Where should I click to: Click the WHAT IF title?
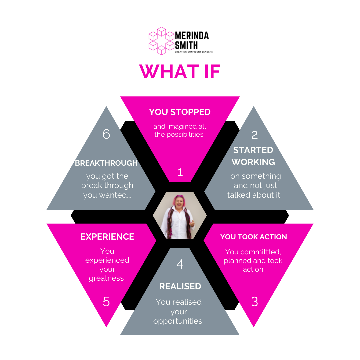(180, 71)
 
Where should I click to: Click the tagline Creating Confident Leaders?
(194, 52)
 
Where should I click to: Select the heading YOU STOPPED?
(180, 112)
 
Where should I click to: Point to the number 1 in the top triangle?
(180, 172)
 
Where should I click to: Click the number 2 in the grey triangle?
(254, 135)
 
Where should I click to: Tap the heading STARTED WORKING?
(253, 156)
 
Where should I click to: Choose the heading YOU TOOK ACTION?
(253, 237)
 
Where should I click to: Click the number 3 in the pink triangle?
(254, 302)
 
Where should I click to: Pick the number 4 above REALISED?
(180, 264)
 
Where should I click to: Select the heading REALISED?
(180, 286)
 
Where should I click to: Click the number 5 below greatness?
(106, 302)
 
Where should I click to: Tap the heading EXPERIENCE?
(107, 237)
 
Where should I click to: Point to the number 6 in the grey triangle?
(106, 134)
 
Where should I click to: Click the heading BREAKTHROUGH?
(106, 163)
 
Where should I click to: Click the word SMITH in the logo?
(187, 45)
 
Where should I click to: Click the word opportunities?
(178, 321)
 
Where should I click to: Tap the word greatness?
(106, 278)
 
